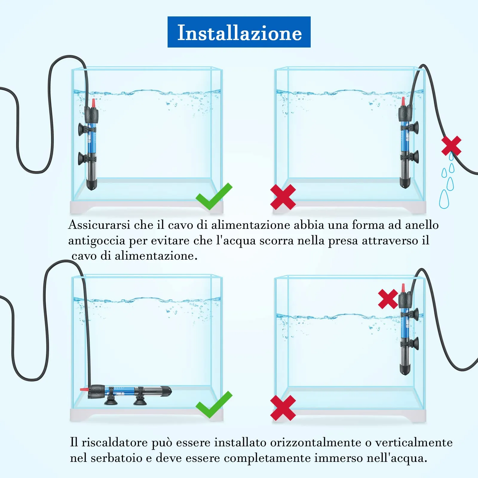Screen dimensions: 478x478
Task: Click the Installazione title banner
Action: click(239, 32)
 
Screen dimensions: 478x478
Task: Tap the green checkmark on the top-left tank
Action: click(214, 197)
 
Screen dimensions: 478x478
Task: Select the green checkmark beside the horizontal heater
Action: click(214, 405)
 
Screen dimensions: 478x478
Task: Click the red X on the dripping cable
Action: click(451, 146)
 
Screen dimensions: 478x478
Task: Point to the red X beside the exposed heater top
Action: click(388, 299)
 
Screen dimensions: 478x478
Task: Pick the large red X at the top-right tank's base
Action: click(283, 197)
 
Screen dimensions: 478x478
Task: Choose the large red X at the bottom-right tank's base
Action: click(283, 408)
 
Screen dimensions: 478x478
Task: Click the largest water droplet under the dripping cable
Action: click(444, 199)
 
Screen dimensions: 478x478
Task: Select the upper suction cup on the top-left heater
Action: click(81, 129)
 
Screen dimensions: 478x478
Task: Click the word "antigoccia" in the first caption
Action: click(96, 241)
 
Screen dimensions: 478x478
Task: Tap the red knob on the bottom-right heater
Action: click(403, 288)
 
